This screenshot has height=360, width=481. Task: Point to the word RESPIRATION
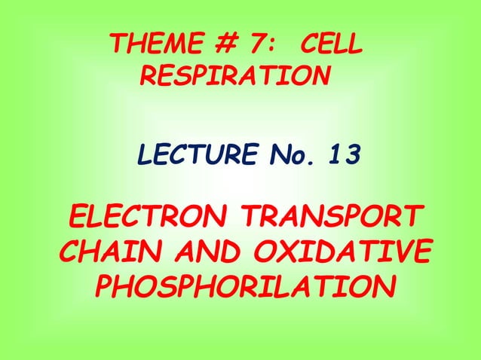coord(235,76)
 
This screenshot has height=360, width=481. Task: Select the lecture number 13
coord(344,157)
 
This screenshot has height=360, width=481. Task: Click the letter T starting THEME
coord(116,47)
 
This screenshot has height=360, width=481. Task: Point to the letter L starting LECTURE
coord(143,157)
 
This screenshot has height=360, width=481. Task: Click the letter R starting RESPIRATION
coord(149,76)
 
